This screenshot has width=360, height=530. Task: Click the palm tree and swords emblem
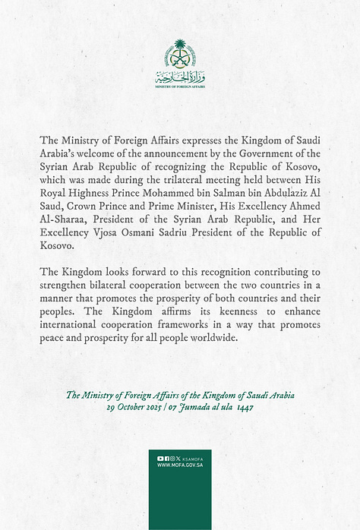[x=180, y=55]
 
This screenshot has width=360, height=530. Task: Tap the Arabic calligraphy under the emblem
[x=180, y=77]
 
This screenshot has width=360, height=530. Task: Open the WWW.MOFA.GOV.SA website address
[x=180, y=466]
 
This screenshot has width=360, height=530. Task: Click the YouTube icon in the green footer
[x=160, y=459]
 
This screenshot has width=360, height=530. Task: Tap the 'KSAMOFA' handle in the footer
[x=193, y=459]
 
